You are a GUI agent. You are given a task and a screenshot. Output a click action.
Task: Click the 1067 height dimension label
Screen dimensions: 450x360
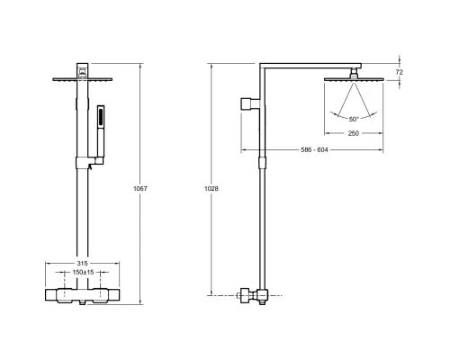point(140,189)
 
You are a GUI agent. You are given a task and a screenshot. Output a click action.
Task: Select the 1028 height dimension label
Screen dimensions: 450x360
point(211,189)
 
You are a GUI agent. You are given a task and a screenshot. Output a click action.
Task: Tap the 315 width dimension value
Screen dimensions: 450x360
point(82,264)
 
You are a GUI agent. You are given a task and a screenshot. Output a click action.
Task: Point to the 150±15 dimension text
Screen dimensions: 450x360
point(83,273)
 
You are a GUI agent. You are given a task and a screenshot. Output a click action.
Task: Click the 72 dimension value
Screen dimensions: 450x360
point(400,72)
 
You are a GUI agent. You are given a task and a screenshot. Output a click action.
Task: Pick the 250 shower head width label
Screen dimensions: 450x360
point(354,133)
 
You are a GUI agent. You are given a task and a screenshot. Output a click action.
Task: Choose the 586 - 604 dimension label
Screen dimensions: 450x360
point(314,149)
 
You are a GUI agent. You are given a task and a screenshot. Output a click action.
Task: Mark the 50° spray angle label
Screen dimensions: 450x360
point(354,120)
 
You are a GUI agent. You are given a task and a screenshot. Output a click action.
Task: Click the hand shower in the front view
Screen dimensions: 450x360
point(101,132)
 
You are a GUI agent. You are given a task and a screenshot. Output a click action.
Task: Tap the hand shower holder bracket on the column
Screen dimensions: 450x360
point(90,162)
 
